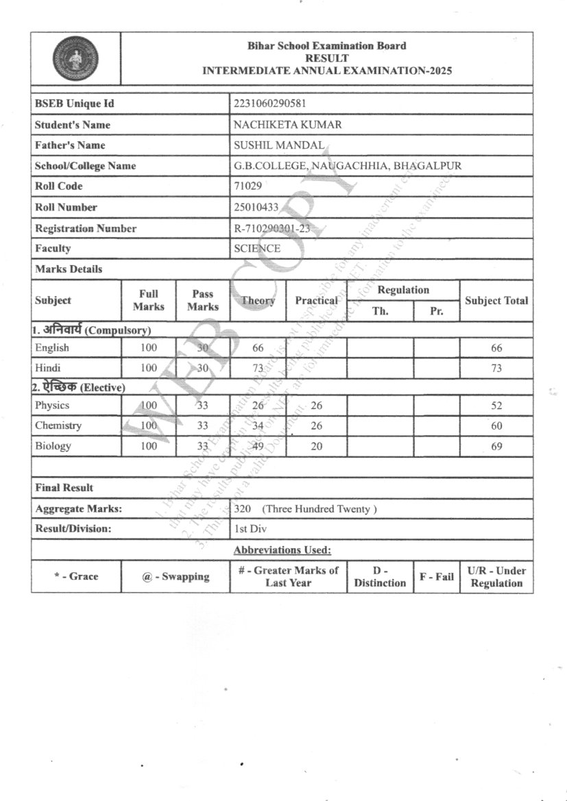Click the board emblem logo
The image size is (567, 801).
[x=75, y=58]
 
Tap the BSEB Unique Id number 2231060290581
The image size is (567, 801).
[x=269, y=103]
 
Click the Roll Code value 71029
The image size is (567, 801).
[x=248, y=186]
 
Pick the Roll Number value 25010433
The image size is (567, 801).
[x=256, y=206]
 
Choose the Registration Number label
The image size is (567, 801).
[x=86, y=228]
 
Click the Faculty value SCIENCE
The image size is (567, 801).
[x=257, y=248]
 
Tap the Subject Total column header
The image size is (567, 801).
[x=496, y=300]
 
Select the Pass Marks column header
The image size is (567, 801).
[x=203, y=300]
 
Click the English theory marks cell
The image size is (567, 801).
[x=258, y=348]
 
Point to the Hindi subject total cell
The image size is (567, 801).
[x=496, y=369]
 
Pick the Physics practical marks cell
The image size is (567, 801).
[x=316, y=406]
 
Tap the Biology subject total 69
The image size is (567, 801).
[x=496, y=446]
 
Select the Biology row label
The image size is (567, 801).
[x=53, y=446]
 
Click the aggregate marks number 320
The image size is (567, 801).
[x=243, y=508]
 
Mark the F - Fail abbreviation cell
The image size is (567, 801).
[x=437, y=576]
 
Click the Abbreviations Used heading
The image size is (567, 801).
[x=282, y=550]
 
